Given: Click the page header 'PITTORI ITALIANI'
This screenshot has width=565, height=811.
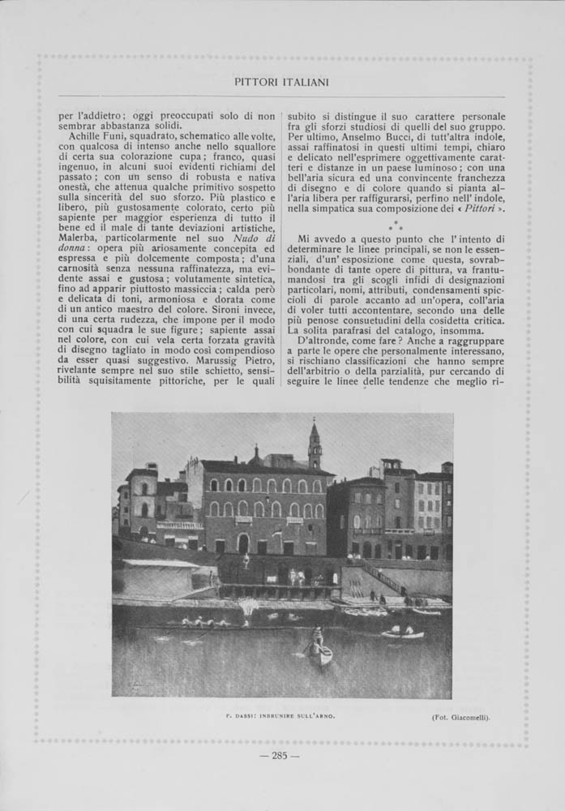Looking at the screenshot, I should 281,82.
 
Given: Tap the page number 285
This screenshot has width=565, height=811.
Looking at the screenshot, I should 280,757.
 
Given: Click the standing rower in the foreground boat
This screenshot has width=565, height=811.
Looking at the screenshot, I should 318,637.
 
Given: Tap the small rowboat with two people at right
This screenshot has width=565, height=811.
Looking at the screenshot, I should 403,632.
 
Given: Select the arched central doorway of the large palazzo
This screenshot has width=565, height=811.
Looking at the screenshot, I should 243,543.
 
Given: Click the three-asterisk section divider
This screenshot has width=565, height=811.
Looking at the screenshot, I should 395,225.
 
